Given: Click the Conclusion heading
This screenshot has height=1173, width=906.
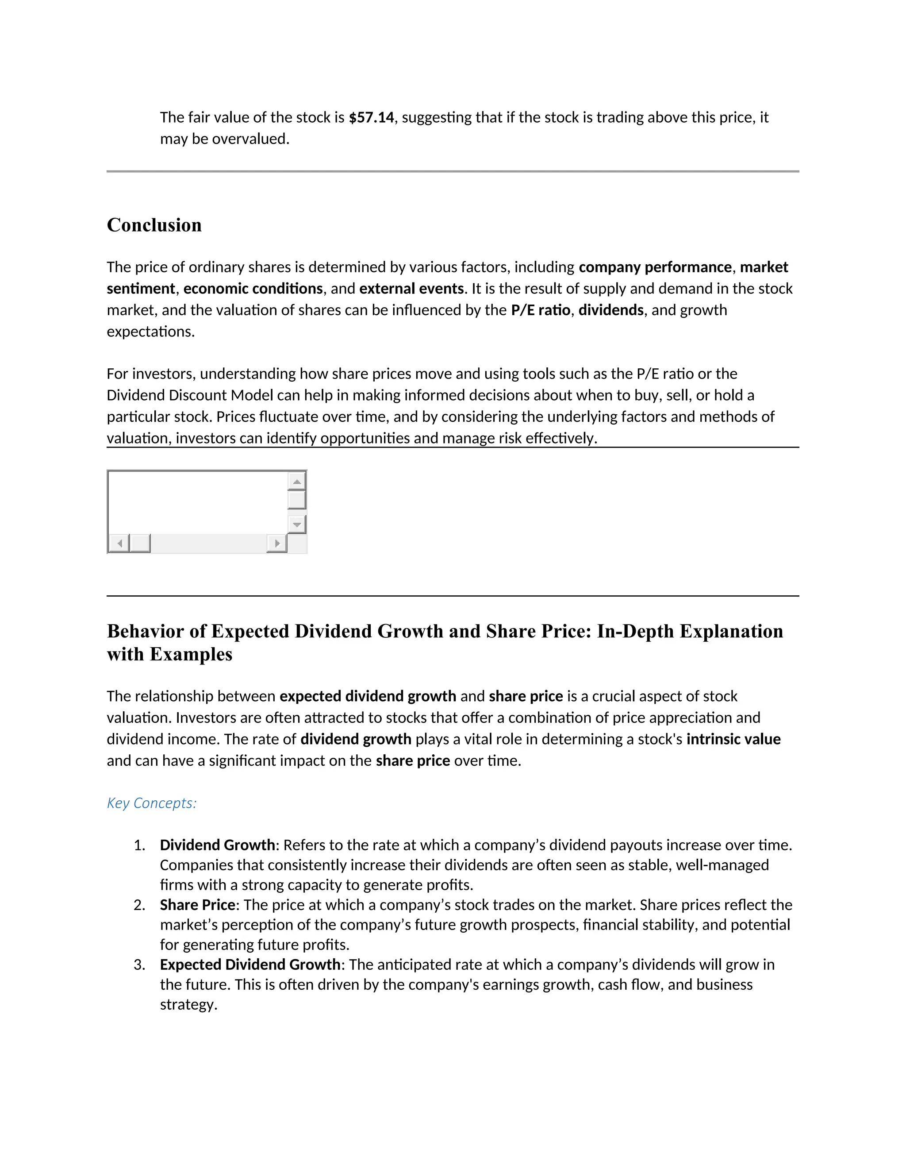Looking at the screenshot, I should (x=154, y=224).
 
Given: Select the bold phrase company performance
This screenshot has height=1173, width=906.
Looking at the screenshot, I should (x=655, y=267).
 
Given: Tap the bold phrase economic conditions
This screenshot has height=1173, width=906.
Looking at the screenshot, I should (x=253, y=289).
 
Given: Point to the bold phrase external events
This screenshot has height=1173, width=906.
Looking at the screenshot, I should (x=411, y=289).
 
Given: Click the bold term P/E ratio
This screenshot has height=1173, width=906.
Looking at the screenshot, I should (x=541, y=310).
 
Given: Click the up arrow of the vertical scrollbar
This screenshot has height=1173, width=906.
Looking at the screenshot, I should (x=297, y=481).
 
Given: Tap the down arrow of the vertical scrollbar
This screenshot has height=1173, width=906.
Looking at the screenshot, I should (x=297, y=524).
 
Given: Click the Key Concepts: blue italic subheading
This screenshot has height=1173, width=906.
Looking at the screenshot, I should (x=152, y=803).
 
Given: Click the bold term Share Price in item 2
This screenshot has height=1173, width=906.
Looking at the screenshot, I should (x=197, y=905).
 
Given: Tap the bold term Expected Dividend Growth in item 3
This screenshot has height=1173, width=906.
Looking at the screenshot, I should (x=250, y=965).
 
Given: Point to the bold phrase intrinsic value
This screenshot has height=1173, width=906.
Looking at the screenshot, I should (x=733, y=739).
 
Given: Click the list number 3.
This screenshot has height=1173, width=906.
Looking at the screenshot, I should (x=139, y=965).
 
